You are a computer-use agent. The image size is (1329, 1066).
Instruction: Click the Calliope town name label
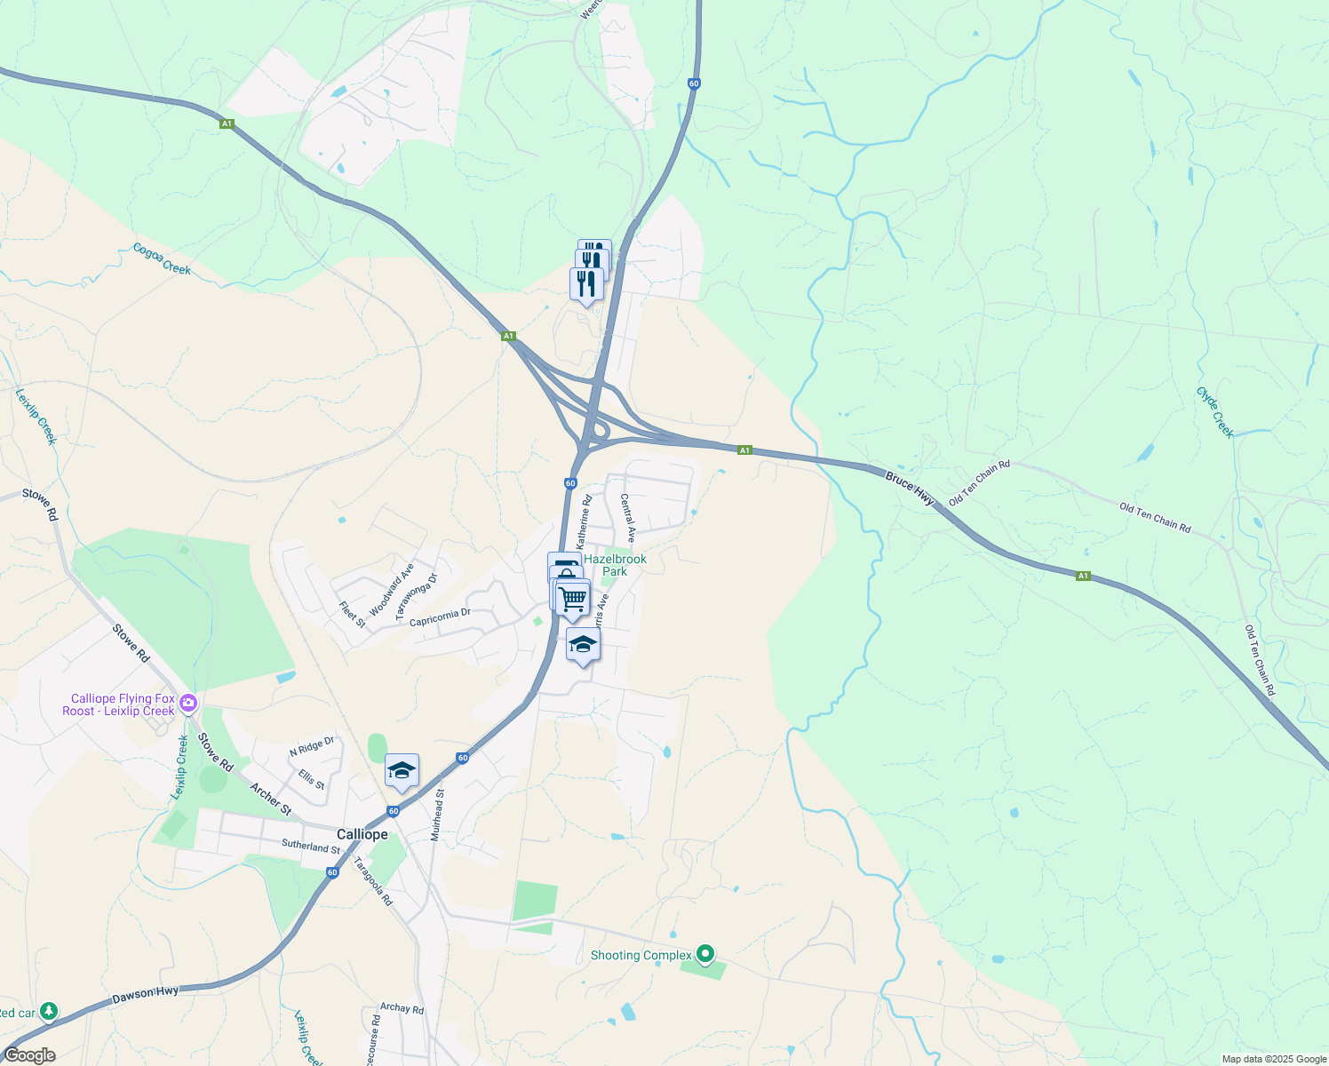click(x=362, y=835)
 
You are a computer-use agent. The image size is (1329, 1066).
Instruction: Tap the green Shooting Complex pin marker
click(x=705, y=954)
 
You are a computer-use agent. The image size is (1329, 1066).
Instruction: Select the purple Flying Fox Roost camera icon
click(x=188, y=704)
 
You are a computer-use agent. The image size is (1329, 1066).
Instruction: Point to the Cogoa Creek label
click(x=162, y=259)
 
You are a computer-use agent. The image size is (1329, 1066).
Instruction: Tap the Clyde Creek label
click(x=1215, y=412)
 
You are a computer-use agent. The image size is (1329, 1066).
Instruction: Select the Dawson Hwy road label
click(x=146, y=995)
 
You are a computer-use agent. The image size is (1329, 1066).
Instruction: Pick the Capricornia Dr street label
click(x=440, y=617)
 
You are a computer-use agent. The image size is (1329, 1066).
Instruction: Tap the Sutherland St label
click(x=311, y=847)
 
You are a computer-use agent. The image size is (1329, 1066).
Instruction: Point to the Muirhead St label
click(x=436, y=815)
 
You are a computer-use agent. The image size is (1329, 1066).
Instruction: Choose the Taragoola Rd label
click(x=373, y=880)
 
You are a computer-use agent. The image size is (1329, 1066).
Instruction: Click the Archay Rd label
click(x=402, y=1008)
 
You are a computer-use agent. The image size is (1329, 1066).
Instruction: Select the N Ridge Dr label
click(x=312, y=747)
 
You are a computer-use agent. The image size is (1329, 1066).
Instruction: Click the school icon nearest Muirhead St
click(x=402, y=770)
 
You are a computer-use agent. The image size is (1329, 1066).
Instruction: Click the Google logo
click(x=29, y=1055)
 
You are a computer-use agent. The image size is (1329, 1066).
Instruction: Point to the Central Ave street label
click(x=628, y=518)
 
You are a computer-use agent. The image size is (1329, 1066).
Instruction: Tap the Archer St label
click(x=270, y=799)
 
